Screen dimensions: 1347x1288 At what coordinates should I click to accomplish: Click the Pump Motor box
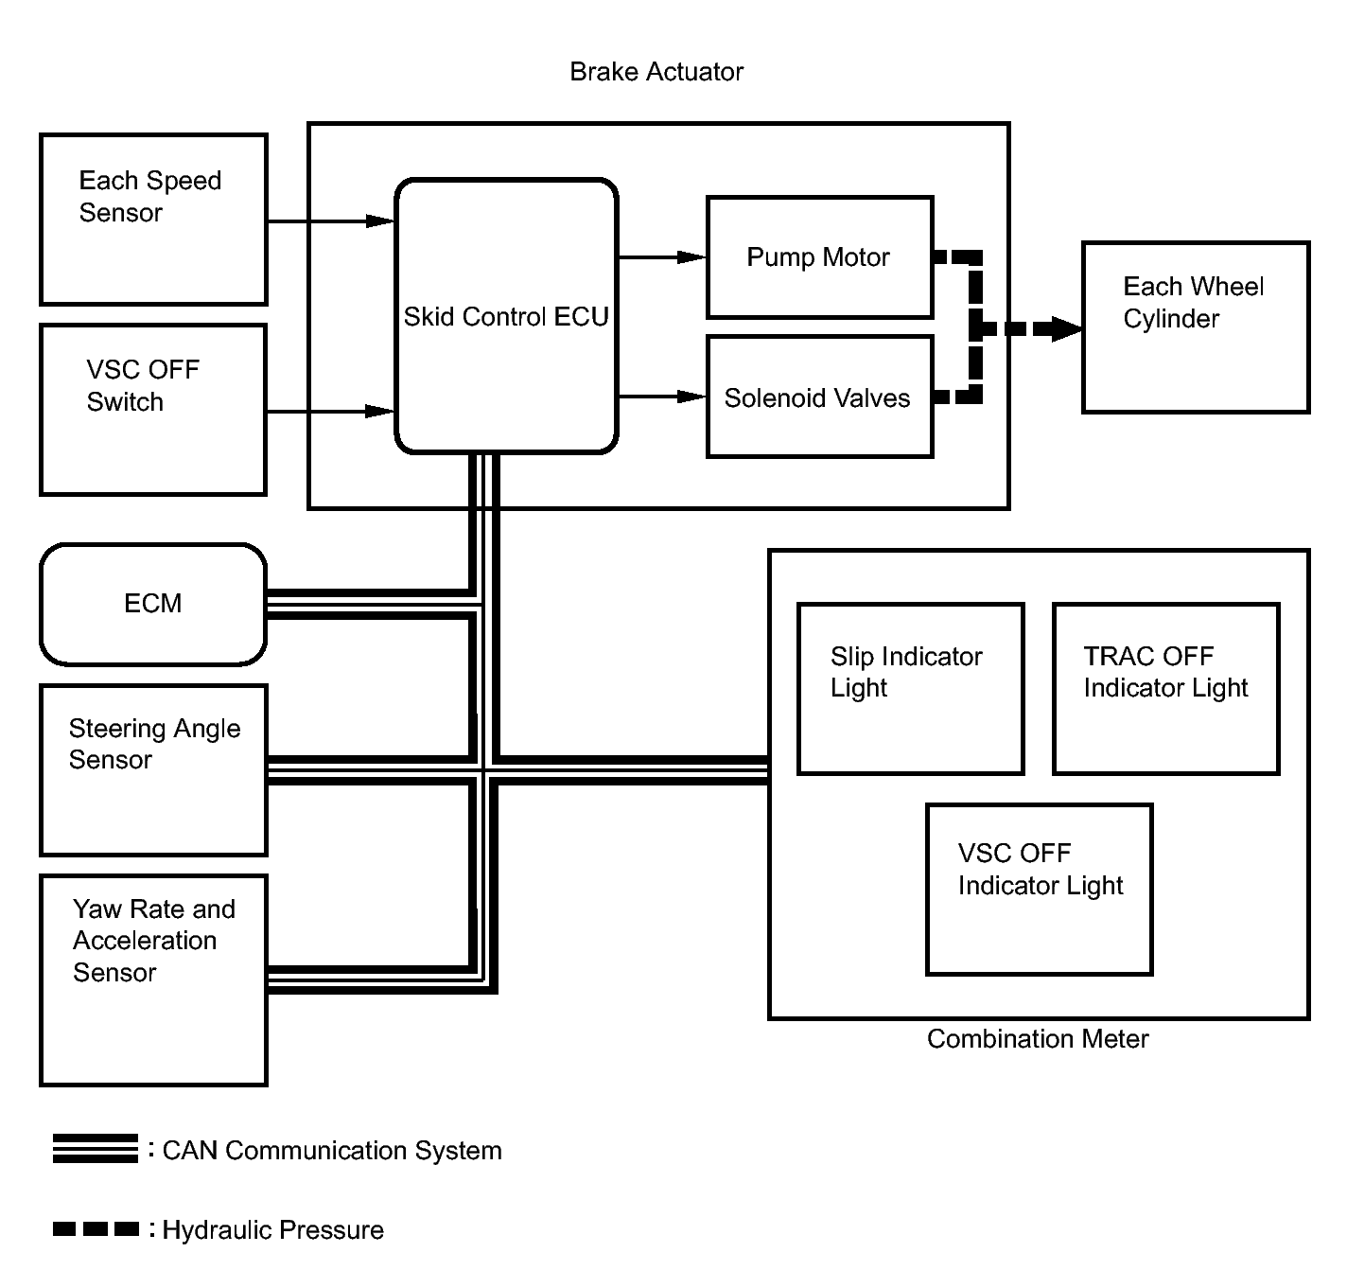point(819,257)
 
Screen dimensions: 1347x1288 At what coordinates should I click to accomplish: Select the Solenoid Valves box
point(819,397)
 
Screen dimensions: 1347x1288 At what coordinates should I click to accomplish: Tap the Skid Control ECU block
point(506,316)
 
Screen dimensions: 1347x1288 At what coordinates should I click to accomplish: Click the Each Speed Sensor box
point(153,220)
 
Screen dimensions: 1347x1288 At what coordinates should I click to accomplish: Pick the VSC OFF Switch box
point(153,410)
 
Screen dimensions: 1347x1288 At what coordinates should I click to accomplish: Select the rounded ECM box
point(153,604)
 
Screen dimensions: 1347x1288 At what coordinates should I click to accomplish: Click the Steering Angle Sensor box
point(153,770)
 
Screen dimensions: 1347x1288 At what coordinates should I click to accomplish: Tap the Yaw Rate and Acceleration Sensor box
point(153,980)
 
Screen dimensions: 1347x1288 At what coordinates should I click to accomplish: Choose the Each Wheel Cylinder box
point(1196,327)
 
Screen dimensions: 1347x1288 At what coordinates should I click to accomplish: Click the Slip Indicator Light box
point(911,688)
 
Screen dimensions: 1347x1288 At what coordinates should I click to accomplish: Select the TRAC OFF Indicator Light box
point(1166,688)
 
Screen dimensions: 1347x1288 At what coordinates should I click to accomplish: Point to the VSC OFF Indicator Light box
point(1040,890)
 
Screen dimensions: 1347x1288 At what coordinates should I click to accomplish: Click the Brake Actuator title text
point(656,71)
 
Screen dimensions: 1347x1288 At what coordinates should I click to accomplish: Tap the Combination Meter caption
point(1038,1039)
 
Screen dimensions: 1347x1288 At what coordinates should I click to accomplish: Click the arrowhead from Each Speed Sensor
point(379,221)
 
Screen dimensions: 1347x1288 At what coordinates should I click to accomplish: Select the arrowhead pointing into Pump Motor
point(691,257)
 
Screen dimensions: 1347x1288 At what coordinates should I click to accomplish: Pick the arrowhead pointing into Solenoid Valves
point(691,397)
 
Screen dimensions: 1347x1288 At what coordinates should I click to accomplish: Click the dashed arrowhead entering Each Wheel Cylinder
point(1067,328)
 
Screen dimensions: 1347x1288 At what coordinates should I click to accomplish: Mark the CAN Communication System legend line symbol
point(96,1149)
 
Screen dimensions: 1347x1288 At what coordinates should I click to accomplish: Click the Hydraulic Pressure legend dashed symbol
point(96,1229)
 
